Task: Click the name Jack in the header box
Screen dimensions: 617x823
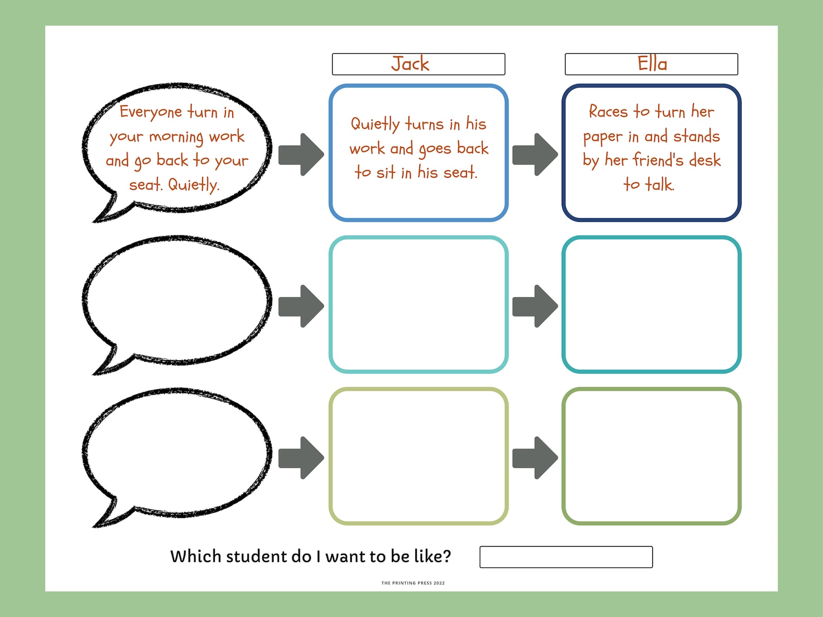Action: pyautogui.click(x=410, y=64)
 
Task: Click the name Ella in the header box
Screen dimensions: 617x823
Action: pyautogui.click(x=652, y=64)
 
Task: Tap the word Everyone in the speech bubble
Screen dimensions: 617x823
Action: pyautogui.click(x=150, y=112)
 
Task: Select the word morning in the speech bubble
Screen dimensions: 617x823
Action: pyautogui.click(x=176, y=137)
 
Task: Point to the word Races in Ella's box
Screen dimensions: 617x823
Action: pyautogui.click(x=608, y=111)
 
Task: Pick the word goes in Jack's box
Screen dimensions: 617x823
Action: pyautogui.click(x=435, y=149)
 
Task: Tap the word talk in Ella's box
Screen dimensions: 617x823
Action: pyautogui.click(x=659, y=184)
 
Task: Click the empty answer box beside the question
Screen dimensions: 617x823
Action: pyautogui.click(x=566, y=557)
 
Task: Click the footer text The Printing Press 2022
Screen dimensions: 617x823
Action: pyautogui.click(x=413, y=583)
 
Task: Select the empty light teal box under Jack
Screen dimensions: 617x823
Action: pyautogui.click(x=418, y=305)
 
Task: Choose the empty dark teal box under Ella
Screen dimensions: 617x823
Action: pyautogui.click(x=651, y=305)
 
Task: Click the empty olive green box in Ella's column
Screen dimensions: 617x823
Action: pyautogui.click(x=651, y=456)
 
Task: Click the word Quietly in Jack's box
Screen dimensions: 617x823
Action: pyautogui.click(x=375, y=124)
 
